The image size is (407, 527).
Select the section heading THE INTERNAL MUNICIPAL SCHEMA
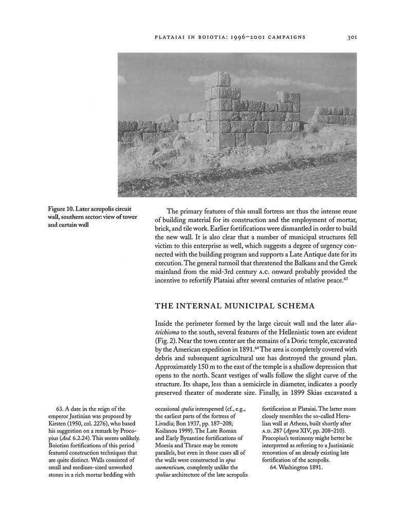pos(235,306)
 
